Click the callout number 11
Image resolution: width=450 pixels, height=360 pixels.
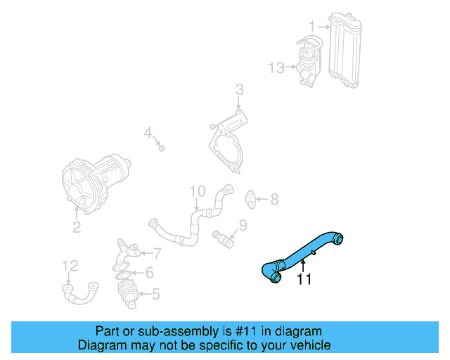pos(303,279)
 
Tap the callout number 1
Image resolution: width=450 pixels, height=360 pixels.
pos(311,27)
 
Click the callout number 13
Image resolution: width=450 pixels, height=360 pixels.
pos(276,67)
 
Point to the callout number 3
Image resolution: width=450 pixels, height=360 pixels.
pos(239,89)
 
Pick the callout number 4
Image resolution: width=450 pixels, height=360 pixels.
pos(148,133)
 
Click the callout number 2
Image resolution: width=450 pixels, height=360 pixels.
pos(76,227)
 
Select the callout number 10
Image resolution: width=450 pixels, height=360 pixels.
pos(197,191)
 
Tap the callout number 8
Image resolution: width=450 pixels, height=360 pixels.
pos(274,200)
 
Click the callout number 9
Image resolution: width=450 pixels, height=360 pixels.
pos(243,225)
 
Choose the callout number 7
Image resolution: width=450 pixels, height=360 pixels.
pos(157,253)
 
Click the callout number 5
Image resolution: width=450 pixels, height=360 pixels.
pos(155,294)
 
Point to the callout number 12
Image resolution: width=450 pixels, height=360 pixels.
pos(70,266)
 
